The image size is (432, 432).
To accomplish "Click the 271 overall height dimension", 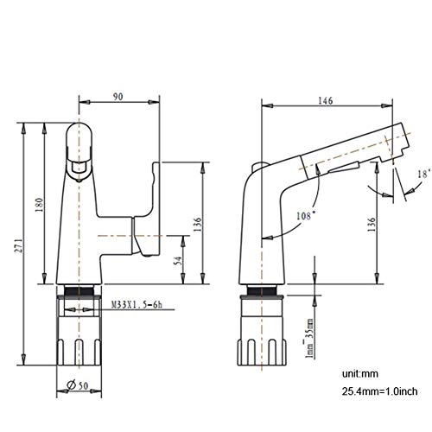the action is (x=19, y=245).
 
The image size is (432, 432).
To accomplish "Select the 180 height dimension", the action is (x=40, y=205).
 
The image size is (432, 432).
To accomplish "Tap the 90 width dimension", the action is (x=118, y=97).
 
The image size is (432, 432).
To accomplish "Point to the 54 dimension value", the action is (x=179, y=261).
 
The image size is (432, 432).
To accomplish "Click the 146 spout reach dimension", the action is (x=325, y=101).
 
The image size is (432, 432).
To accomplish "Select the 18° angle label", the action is (x=424, y=174).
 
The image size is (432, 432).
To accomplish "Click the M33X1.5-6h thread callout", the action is (x=137, y=305).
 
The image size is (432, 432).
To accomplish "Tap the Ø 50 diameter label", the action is (x=77, y=385).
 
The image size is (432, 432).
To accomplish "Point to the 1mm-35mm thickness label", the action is (x=308, y=338).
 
